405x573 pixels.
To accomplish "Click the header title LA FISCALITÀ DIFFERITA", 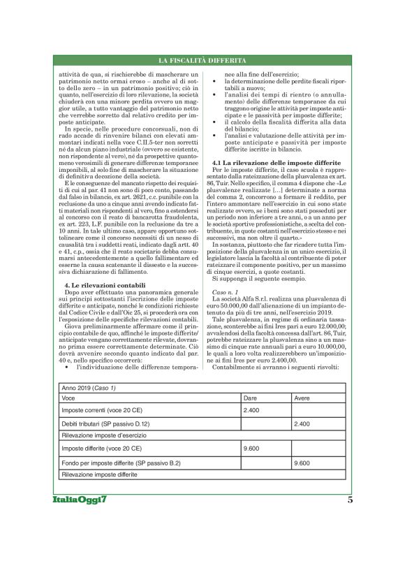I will (202, 61).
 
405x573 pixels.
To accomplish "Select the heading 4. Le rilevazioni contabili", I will (101, 246).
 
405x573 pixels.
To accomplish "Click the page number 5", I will (349, 500).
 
